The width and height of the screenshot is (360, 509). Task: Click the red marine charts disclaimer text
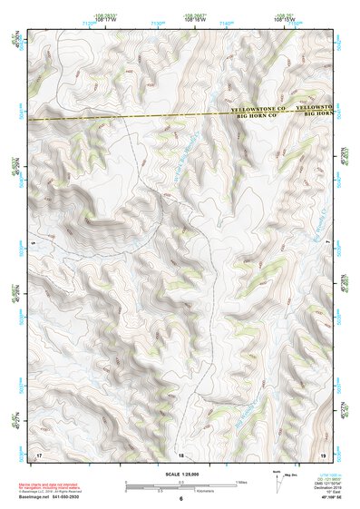pos(54,484)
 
